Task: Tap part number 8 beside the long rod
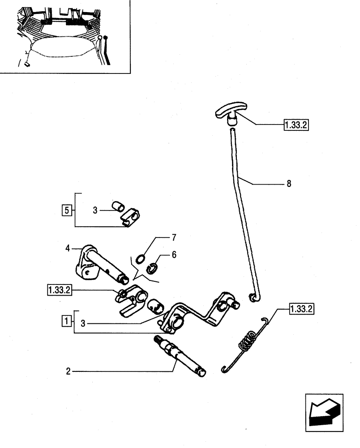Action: point(288,184)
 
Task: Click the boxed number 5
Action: point(67,209)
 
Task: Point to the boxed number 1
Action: point(66,321)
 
